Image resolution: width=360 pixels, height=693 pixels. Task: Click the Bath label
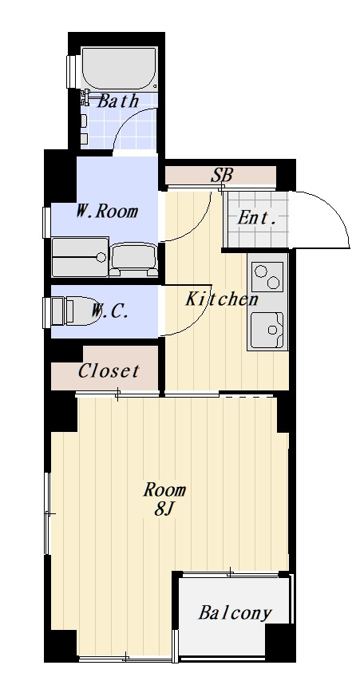coord(117,101)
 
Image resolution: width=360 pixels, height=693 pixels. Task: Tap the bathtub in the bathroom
coord(119,69)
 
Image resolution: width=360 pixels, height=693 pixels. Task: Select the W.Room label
coord(106,212)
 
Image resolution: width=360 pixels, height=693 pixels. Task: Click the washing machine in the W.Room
coord(80,257)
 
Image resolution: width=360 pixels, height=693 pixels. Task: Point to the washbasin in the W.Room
coord(133,260)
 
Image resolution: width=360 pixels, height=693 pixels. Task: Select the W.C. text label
coord(110,311)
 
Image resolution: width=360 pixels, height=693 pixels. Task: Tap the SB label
coord(221,176)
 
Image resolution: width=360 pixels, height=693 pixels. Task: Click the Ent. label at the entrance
coord(258,217)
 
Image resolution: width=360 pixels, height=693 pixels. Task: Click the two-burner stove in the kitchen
coord(267,277)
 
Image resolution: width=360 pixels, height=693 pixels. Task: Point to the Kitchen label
coord(221,299)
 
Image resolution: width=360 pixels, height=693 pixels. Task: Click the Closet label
coord(109,370)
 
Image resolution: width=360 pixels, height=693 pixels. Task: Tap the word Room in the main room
coord(164,489)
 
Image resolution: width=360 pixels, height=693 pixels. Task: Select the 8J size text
coord(163,509)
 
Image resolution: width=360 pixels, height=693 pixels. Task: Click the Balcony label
coord(235,612)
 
